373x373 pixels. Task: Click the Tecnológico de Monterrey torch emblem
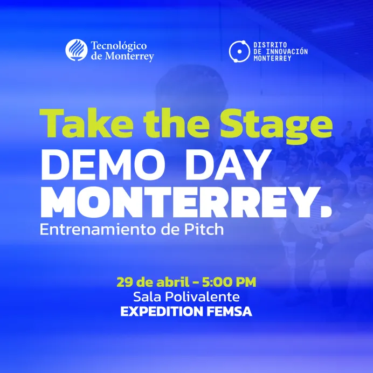click(77, 50)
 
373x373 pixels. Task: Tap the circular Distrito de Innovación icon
click(238, 51)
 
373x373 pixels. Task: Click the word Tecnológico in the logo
click(119, 46)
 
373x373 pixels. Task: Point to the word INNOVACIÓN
click(287, 51)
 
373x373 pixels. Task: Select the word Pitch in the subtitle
click(203, 229)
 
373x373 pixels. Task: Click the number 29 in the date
click(124, 281)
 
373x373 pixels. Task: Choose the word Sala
click(146, 296)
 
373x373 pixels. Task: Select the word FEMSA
click(231, 312)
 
